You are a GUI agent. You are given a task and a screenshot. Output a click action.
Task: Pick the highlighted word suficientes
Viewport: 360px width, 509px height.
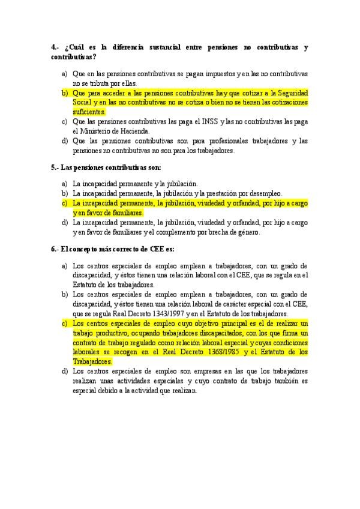pos(89,112)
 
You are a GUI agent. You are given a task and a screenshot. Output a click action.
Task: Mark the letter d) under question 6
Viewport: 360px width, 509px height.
pos(65,371)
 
